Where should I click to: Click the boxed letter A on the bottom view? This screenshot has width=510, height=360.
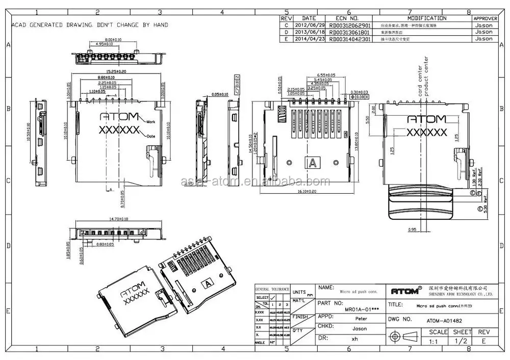coord(311,163)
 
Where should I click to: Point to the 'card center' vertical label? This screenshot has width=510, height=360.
coord(420,81)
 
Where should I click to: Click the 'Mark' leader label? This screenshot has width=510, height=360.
coord(151,122)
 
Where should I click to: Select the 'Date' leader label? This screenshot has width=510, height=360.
coord(151,136)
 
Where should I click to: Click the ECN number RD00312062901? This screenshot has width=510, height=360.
coord(350,25)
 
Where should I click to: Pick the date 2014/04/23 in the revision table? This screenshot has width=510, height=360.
coord(309,39)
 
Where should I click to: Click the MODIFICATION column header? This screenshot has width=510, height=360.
coord(426,18)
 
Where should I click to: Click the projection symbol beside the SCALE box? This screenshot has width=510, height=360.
coord(403,337)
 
